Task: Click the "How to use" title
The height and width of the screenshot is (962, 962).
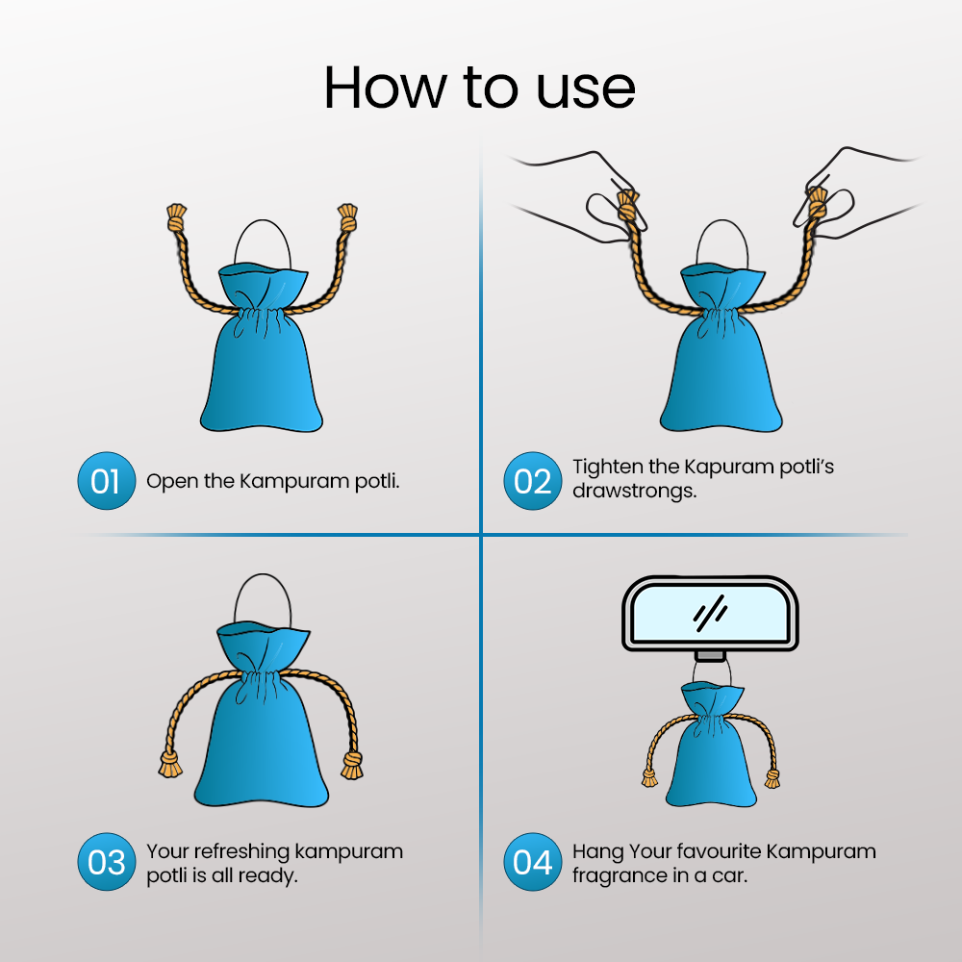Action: tap(479, 88)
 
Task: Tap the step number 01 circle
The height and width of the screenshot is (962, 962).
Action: tap(106, 480)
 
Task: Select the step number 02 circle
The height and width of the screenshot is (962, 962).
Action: tap(533, 480)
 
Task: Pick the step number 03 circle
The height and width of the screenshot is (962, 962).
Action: tap(106, 861)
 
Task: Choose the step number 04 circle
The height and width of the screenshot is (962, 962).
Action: tap(533, 861)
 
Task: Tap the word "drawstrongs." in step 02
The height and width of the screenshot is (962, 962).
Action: tap(634, 491)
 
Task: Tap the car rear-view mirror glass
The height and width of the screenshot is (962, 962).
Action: tap(710, 614)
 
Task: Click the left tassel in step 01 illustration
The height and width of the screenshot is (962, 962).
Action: tap(176, 217)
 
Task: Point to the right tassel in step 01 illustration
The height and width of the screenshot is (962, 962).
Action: tap(347, 217)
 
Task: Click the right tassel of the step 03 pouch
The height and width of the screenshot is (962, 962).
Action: tap(352, 766)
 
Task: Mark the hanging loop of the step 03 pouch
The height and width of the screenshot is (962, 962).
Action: tap(263, 574)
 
